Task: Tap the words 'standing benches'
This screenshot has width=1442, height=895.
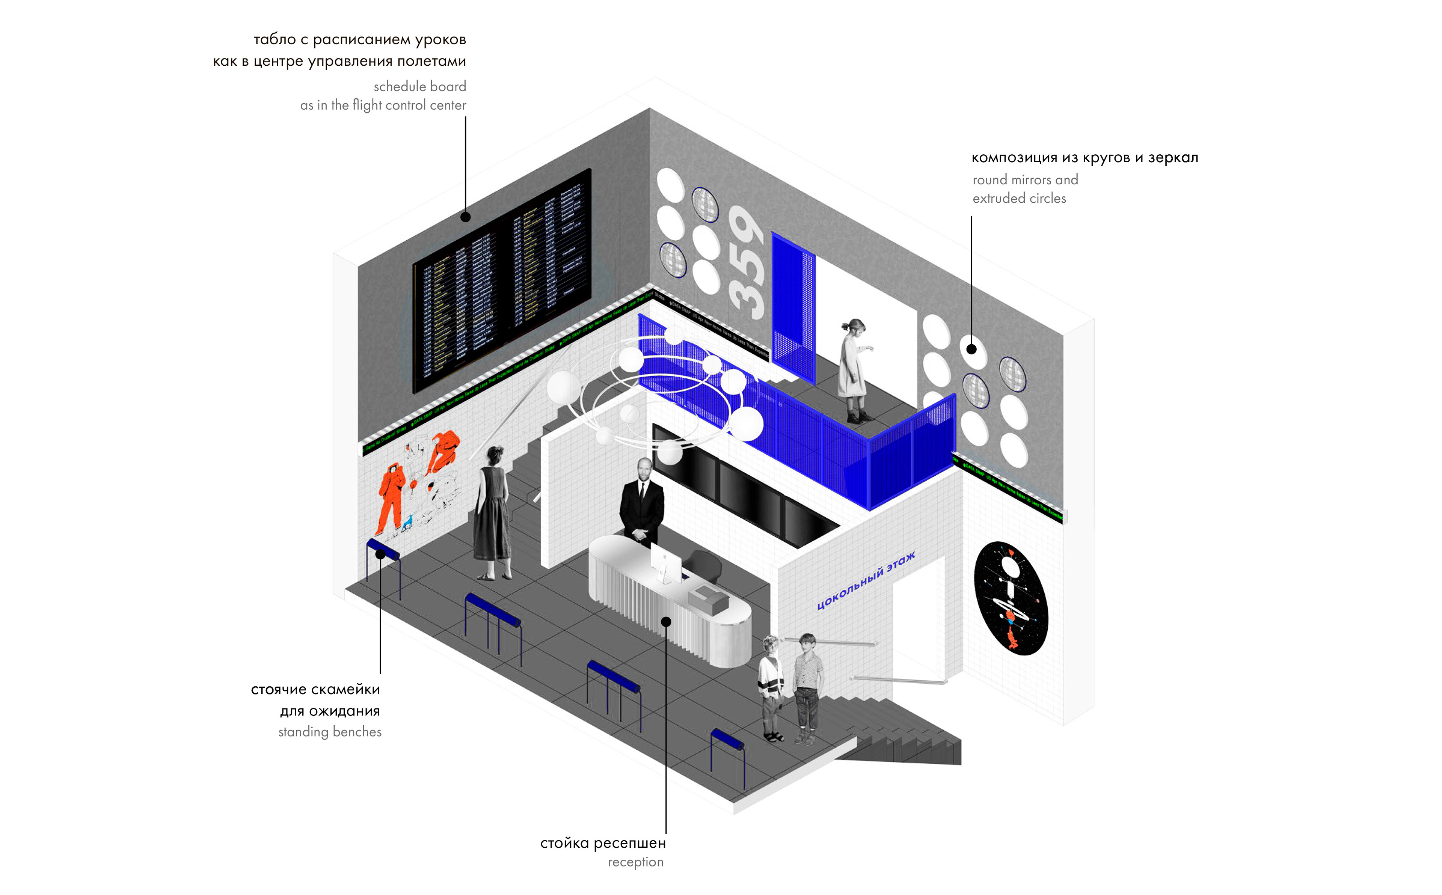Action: coord(330,732)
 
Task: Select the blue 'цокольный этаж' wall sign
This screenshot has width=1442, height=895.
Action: coord(866,581)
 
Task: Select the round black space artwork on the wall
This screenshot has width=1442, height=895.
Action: coord(1011,597)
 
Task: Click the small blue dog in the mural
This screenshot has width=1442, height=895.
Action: coord(407,523)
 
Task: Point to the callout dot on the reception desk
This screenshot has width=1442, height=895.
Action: coord(666,622)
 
